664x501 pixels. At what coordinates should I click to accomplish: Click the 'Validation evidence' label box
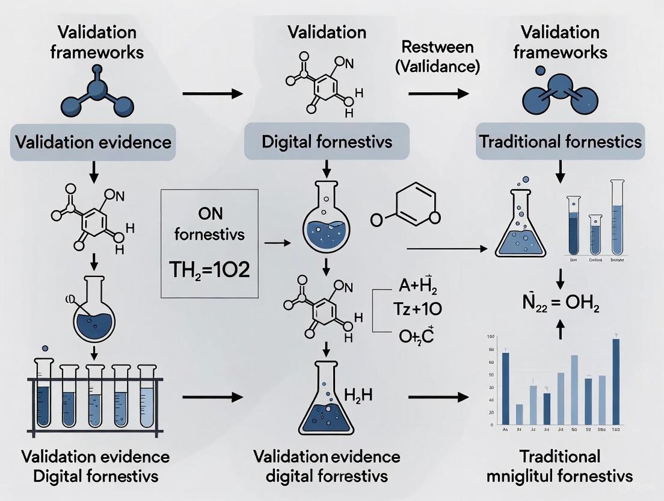(93, 142)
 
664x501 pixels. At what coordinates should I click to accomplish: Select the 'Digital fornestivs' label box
(327, 142)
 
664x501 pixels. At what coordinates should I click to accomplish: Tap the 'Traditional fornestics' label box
(560, 142)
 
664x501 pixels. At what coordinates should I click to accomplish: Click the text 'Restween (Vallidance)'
(437, 57)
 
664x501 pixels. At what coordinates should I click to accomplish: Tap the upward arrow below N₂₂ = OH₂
(561, 328)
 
